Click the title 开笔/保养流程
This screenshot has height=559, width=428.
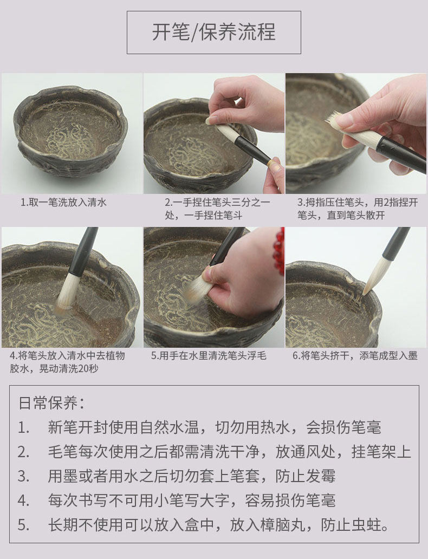pos(213,32)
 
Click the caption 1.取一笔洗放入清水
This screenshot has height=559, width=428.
pos(63,203)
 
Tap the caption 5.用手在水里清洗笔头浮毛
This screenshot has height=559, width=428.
pos(209,355)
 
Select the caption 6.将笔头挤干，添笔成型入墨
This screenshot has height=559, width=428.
pos(355,355)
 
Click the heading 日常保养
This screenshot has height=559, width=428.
pos(52,403)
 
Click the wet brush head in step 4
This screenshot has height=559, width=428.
pos(68,292)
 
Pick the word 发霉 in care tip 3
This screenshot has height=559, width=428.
pos(321,476)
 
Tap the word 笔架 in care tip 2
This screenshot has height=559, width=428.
pos(381,451)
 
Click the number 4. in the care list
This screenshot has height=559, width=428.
pos(23,500)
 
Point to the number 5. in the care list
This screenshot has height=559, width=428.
pos(23,525)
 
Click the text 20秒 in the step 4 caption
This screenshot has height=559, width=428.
pos(88,368)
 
